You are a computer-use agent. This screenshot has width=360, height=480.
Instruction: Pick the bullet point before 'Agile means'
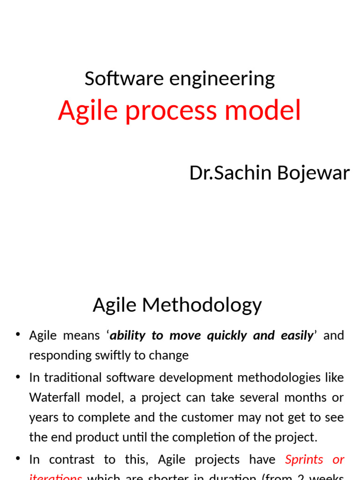(x=18, y=335)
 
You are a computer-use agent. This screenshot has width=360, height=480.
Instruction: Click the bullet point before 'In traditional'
(x=18, y=377)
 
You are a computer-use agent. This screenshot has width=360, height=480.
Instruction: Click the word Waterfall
(x=53, y=397)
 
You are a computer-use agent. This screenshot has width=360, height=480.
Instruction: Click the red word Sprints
(x=304, y=459)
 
